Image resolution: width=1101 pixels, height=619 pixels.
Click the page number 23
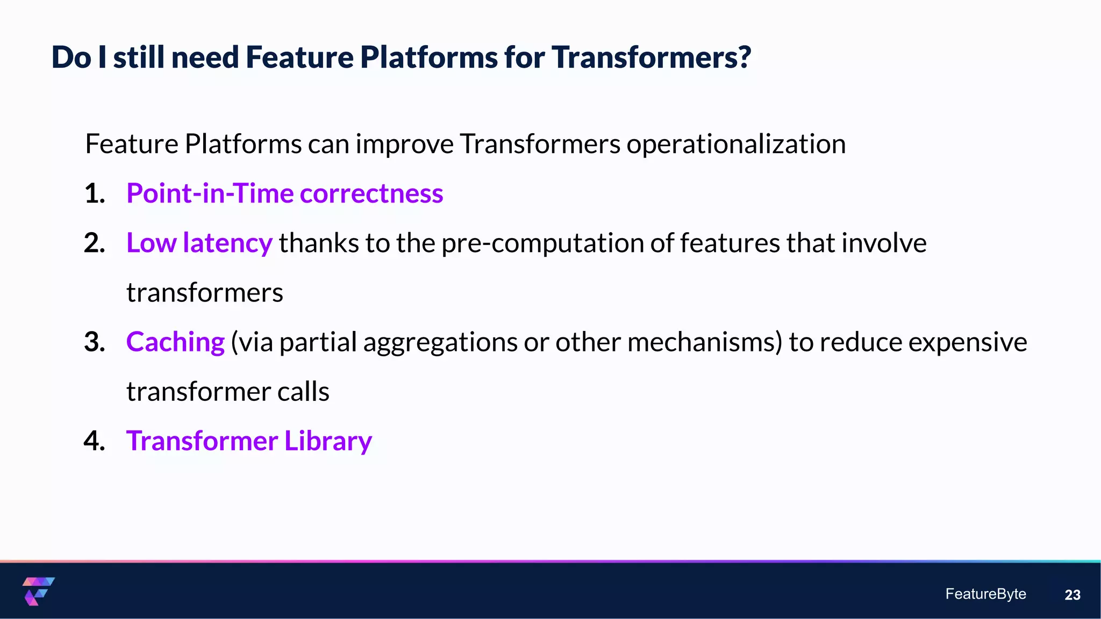coord(1072,595)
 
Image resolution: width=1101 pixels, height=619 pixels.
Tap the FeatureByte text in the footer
coord(985,594)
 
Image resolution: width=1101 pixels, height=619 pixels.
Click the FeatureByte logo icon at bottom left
coord(38,591)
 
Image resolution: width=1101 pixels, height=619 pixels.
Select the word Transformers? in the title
coord(651,57)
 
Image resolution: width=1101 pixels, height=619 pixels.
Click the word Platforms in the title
coord(428,57)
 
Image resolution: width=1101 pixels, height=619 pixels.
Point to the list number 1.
coord(95,193)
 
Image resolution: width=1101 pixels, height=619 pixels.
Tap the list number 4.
coord(95,441)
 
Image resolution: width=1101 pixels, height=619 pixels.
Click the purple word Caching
coord(175,342)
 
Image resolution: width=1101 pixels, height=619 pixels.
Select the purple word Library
coord(328,441)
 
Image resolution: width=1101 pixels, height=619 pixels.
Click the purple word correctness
coord(371,193)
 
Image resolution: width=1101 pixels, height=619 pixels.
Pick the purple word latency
coord(227,243)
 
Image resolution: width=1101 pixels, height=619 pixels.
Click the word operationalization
coord(736,144)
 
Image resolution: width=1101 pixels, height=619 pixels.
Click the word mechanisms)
coord(704,342)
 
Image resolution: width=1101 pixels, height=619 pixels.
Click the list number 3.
coord(95,342)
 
